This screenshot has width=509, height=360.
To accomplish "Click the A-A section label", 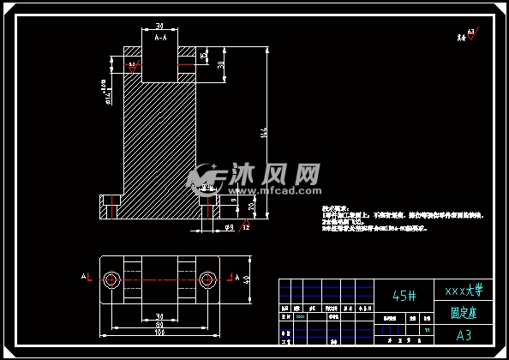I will [160, 39].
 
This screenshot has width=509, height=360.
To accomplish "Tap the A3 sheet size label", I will [464, 334].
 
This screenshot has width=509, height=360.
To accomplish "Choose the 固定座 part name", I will [464, 313].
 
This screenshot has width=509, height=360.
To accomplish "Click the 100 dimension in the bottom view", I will [159, 332].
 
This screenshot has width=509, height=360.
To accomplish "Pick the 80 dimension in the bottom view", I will [159, 323].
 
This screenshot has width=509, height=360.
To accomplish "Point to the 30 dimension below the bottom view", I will [159, 315].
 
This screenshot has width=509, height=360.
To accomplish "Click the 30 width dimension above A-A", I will [159, 27].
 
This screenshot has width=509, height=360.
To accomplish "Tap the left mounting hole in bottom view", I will [112, 279].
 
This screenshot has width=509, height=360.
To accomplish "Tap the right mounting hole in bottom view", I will [207, 279].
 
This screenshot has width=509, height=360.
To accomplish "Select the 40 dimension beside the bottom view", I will [247, 279].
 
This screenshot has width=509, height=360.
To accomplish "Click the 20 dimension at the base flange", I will [250, 207].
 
